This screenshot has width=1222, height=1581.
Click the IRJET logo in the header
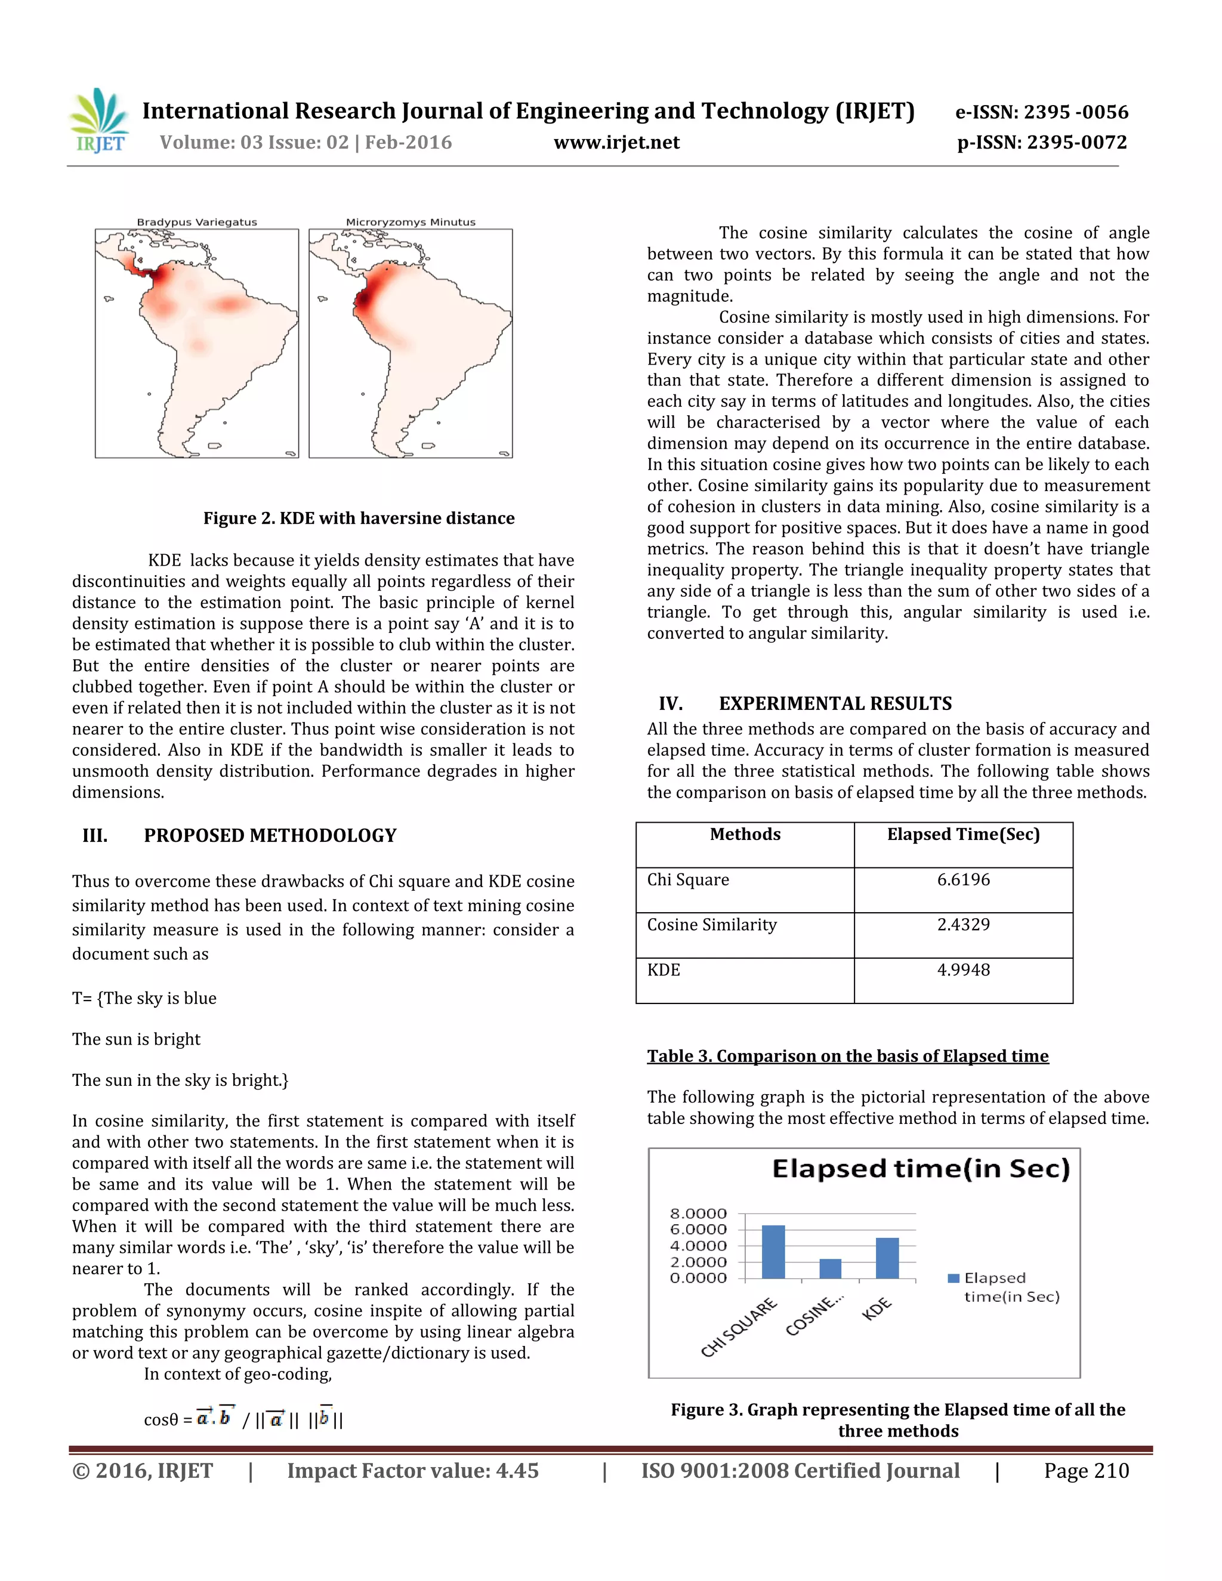(98, 122)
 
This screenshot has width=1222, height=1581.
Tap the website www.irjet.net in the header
(616, 143)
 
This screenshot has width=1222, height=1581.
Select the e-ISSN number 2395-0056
(1041, 112)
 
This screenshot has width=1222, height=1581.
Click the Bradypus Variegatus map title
(197, 223)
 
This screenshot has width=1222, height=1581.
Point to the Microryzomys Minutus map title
(411, 223)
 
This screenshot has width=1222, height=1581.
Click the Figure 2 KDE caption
(359, 518)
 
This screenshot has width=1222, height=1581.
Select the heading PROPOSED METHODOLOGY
(270, 835)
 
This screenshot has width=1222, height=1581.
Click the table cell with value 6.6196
(963, 879)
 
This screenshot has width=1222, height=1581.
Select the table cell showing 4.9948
(963, 970)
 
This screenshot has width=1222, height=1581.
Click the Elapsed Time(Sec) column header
(963, 835)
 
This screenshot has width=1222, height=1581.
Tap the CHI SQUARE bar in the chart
(773, 1252)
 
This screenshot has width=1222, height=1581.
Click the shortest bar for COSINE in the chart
(831, 1269)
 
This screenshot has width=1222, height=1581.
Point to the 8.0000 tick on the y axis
(698, 1213)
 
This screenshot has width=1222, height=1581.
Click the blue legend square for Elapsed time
(953, 1279)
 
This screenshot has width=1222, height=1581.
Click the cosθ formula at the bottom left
(243, 1419)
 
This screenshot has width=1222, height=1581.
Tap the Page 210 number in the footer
(1086, 1471)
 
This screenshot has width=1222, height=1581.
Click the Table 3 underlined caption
(847, 1056)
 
